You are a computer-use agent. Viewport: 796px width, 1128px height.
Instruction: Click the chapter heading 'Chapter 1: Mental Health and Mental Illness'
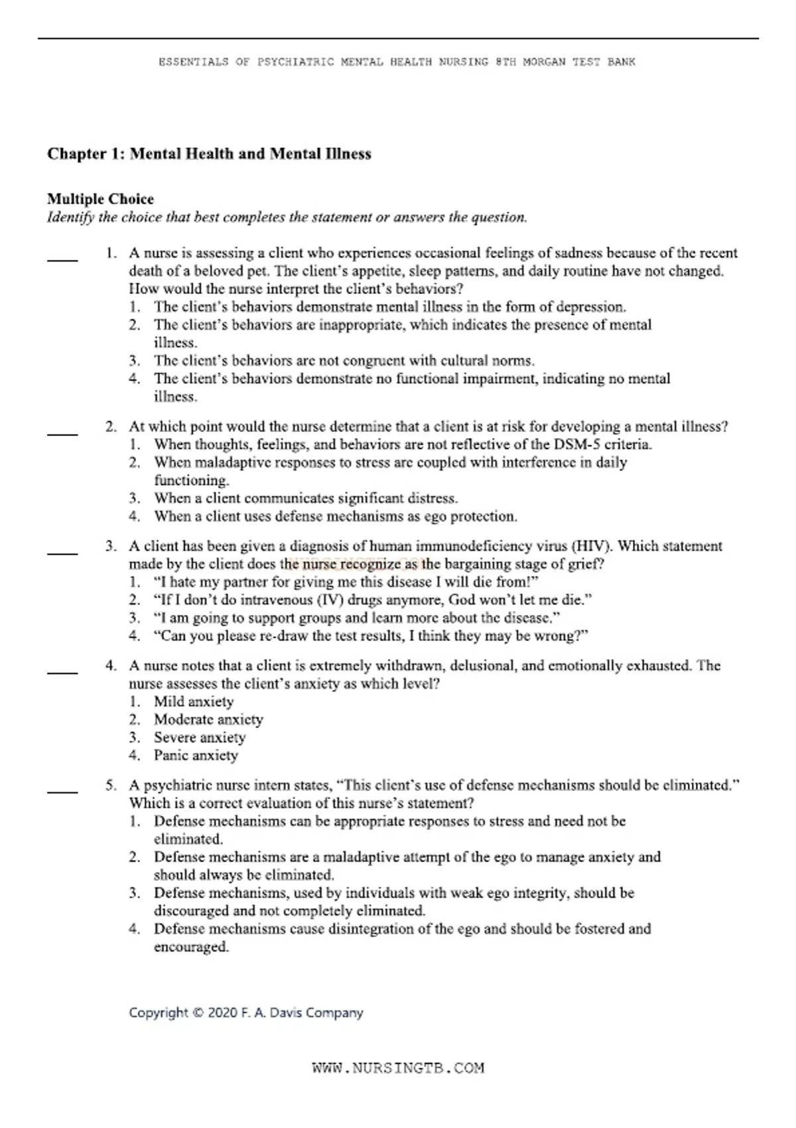[209, 154]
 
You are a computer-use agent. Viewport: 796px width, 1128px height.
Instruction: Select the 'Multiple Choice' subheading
[100, 199]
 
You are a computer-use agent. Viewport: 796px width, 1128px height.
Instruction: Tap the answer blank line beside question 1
[62, 260]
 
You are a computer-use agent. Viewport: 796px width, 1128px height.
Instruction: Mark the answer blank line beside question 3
[62, 553]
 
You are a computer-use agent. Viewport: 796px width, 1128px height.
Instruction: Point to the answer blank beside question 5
[62, 792]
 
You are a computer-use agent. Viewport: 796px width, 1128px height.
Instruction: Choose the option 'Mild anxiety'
[194, 701]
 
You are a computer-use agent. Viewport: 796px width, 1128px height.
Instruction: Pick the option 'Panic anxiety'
[196, 755]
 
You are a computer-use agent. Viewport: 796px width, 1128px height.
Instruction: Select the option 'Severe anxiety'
[200, 737]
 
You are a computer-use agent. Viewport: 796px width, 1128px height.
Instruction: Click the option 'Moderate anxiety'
[208, 719]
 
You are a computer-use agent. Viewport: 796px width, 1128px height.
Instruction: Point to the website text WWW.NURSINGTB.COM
[398, 1068]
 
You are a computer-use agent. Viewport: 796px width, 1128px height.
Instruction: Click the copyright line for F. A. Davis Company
[246, 1013]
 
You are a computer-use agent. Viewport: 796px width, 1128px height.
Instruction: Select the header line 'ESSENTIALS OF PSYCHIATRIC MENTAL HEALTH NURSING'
[397, 62]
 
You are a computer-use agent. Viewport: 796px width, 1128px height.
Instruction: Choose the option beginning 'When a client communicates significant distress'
[306, 498]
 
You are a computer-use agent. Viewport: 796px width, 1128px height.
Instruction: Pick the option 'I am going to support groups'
[357, 618]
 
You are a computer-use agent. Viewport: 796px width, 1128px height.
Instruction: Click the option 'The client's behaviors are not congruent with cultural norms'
[344, 361]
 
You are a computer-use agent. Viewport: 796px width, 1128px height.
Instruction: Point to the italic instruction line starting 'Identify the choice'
[287, 218]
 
